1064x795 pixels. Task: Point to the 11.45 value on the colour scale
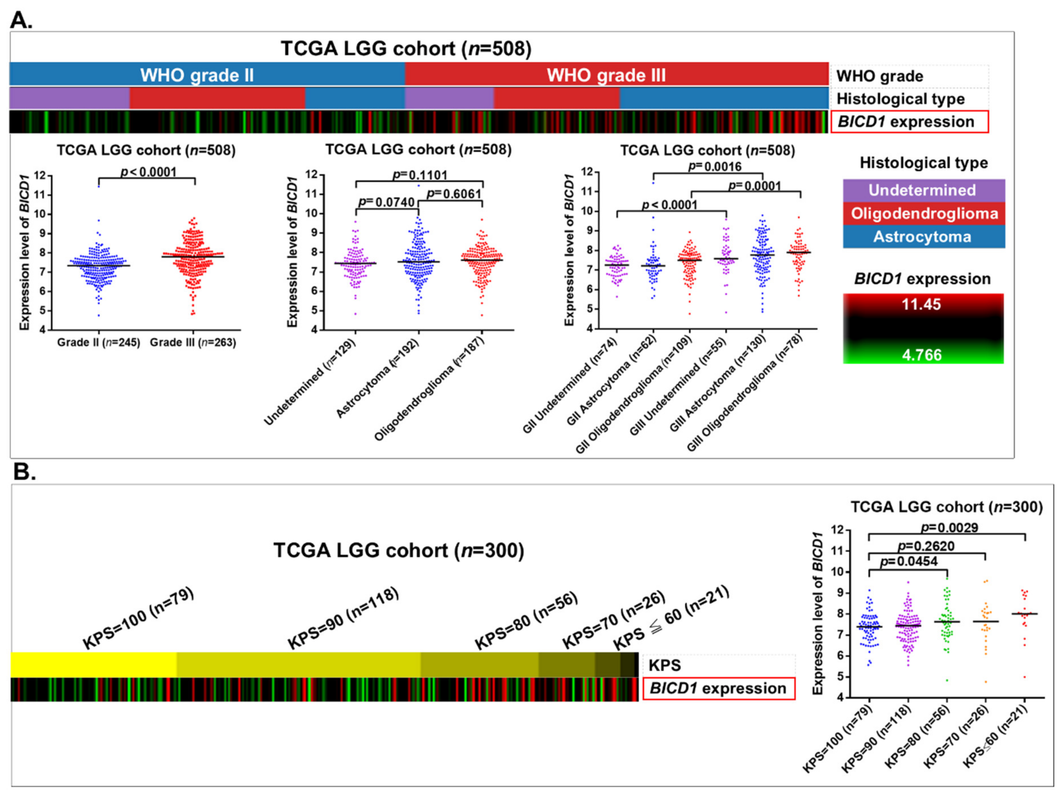tap(921, 304)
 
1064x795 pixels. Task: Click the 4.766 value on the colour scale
tap(921, 355)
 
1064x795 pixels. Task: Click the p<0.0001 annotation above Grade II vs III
tap(149, 172)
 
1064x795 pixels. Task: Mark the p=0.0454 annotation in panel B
tap(909, 561)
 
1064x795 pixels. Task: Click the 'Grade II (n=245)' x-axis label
tap(99, 342)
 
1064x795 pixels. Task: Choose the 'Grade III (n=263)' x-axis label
tap(193, 342)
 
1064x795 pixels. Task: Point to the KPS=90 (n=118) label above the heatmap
tap(343, 618)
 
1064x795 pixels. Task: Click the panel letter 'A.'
tap(21, 20)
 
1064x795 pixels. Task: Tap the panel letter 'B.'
tap(24, 472)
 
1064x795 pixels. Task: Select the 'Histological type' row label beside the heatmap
tap(900, 99)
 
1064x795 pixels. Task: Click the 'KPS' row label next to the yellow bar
tap(665, 665)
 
